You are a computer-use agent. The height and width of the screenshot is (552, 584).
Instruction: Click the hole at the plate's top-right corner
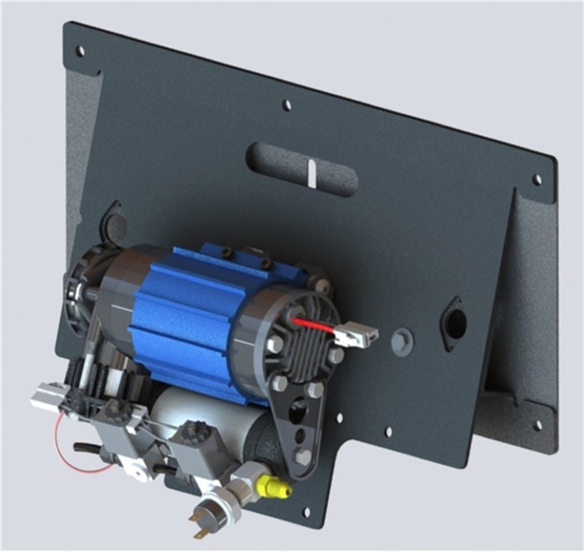click(537, 179)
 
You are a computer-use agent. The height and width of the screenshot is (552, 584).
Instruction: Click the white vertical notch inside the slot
click(312, 173)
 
